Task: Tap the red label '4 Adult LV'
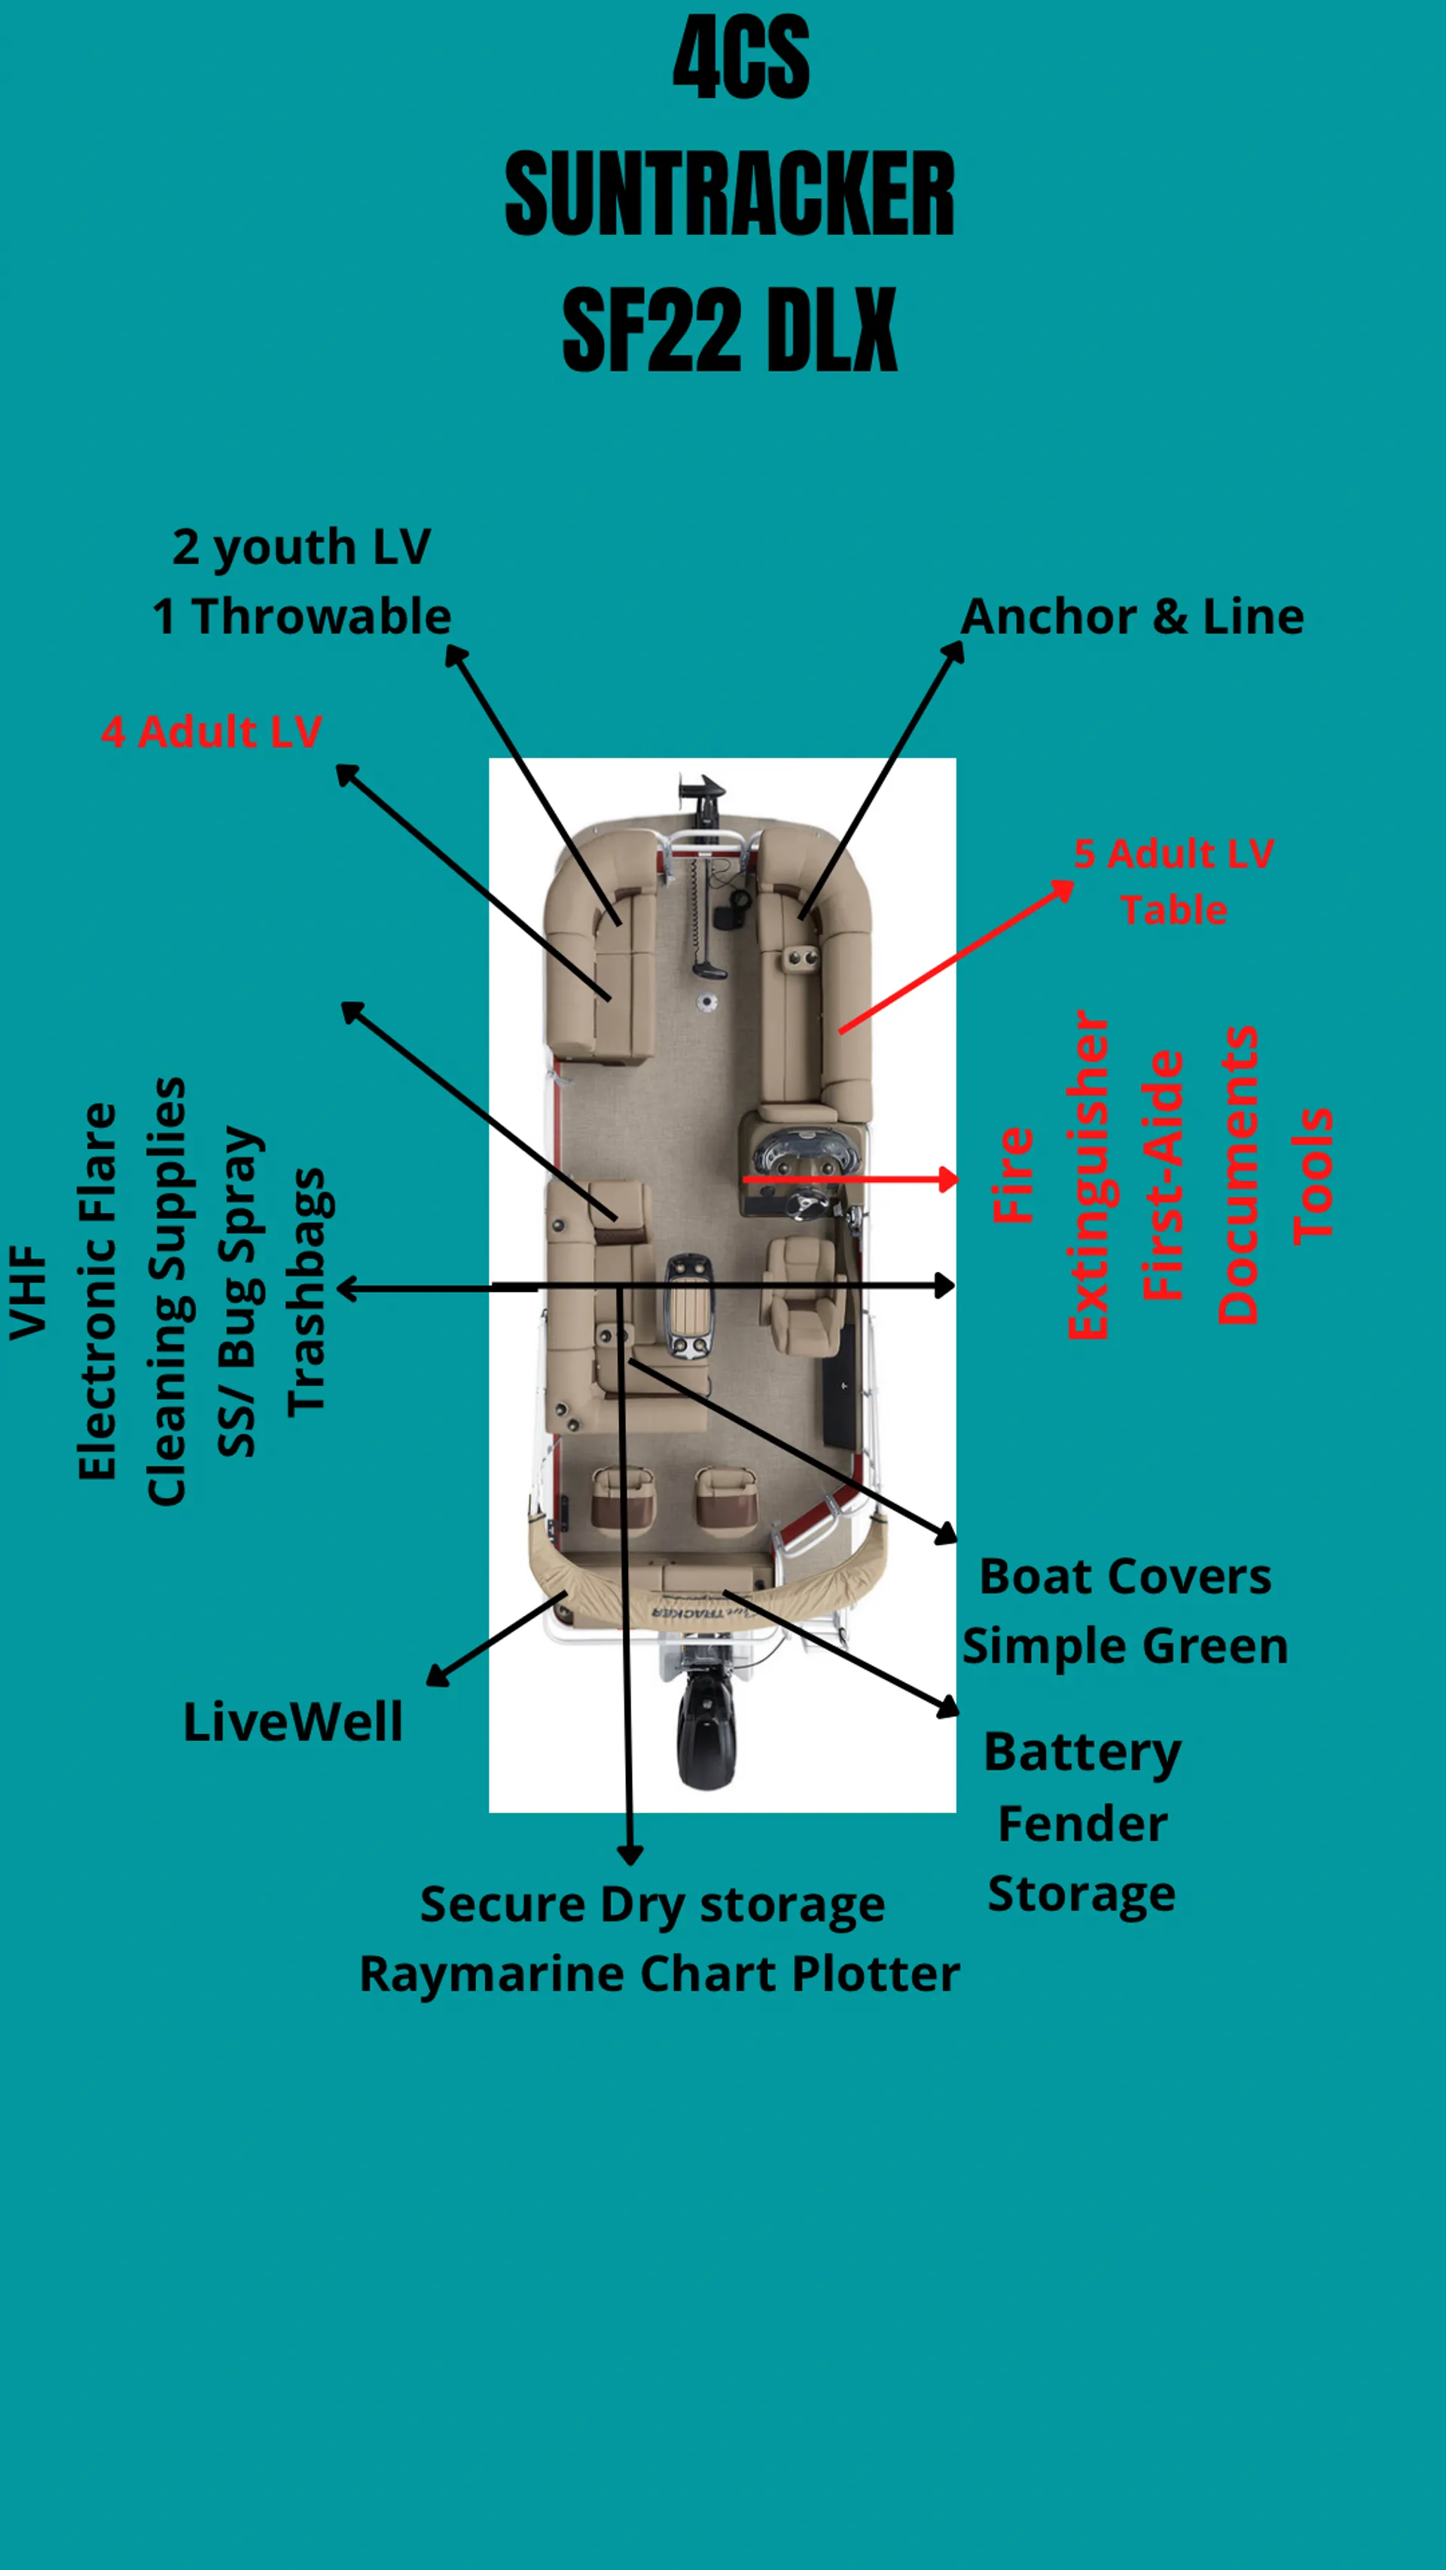click(212, 731)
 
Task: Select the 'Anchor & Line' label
click(1132, 617)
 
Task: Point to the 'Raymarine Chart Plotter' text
click(659, 1974)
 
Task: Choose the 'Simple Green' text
click(1124, 1645)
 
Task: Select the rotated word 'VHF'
click(28, 1292)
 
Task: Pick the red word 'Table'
click(1173, 910)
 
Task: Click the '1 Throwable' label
click(301, 617)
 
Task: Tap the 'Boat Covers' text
click(1124, 1576)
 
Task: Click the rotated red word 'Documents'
click(1237, 1175)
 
